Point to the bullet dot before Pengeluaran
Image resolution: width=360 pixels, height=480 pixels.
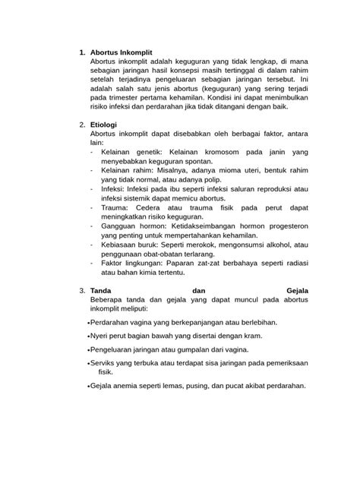coord(89,351)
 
